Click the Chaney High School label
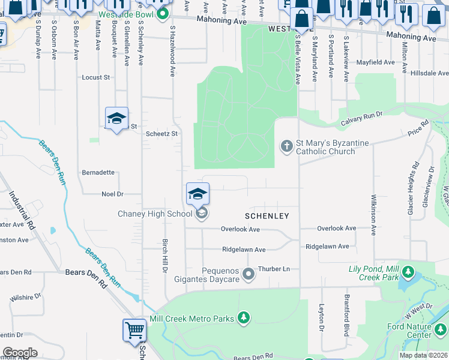click(154, 214)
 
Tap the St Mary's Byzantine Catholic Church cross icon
click(287, 146)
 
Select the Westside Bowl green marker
click(161, 17)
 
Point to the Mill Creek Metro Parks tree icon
click(243, 318)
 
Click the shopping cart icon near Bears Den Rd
click(134, 331)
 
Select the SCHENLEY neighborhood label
click(267, 216)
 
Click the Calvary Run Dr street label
click(362, 116)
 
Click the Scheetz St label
click(162, 134)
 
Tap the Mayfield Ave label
click(375, 62)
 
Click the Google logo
click(20, 352)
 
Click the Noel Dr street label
click(112, 194)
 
